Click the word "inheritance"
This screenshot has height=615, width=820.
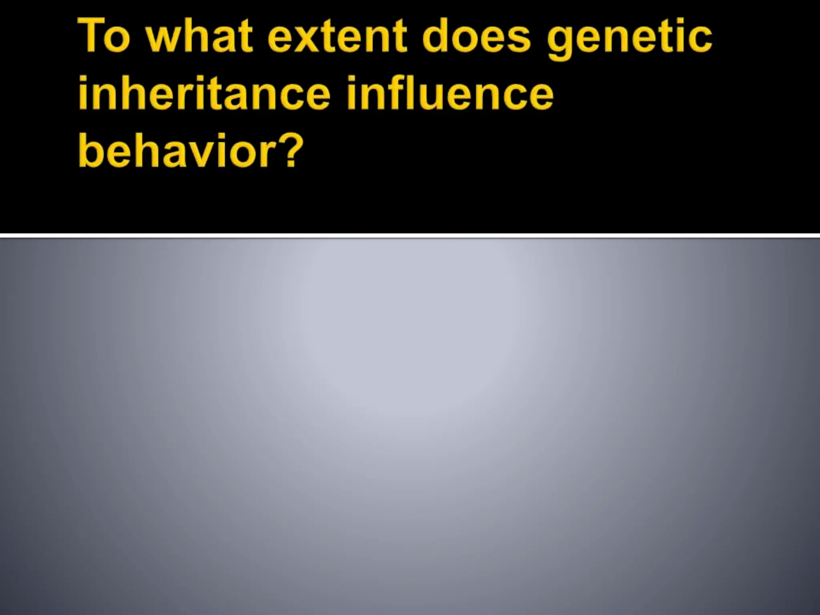204,94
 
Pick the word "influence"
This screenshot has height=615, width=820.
450,94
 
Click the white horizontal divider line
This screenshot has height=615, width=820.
410,235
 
